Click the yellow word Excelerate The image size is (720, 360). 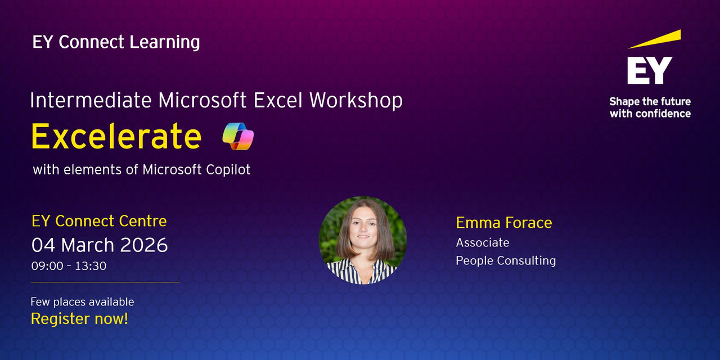tap(116, 136)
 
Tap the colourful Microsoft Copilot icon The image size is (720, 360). tap(238, 136)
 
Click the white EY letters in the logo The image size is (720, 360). tap(650, 70)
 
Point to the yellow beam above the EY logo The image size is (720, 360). tap(654, 39)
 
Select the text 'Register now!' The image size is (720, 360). tap(79, 319)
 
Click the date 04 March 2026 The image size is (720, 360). tap(100, 245)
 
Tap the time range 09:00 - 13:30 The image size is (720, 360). tap(69, 266)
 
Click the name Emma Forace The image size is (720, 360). tap(504, 223)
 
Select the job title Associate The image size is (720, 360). tap(483, 242)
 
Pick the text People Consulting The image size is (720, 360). tap(506, 260)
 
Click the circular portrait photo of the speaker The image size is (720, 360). tap(363, 240)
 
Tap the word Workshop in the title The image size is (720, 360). tap(356, 100)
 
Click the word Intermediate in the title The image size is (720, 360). tap(91, 100)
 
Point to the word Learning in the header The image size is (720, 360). tap(165, 43)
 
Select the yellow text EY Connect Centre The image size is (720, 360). tap(99, 221)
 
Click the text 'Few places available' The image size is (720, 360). tap(82, 302)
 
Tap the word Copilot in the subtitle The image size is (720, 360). tap(228, 170)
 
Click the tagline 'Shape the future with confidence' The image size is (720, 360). tap(650, 107)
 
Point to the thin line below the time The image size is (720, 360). tap(105, 282)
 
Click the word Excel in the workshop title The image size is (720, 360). tap(278, 100)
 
